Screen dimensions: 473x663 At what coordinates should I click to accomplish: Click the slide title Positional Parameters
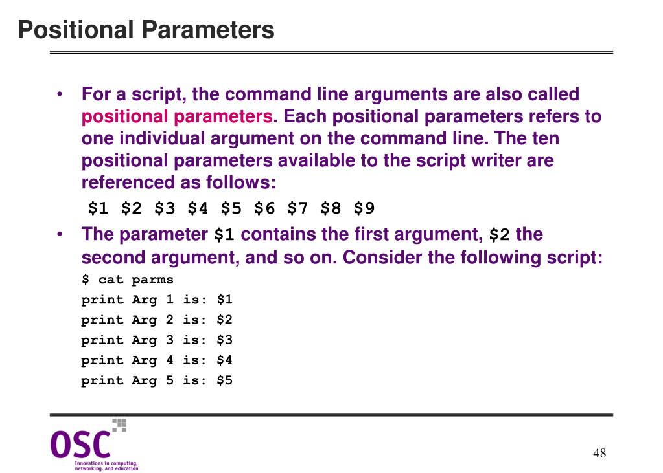(146, 30)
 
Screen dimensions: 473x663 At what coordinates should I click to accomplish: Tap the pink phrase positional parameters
(176, 117)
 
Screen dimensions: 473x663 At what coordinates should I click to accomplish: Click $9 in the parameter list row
(364, 208)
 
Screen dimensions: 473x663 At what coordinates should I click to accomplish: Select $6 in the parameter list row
(264, 208)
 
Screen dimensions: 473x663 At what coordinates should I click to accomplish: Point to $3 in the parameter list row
(165, 208)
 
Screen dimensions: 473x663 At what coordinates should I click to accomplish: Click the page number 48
(599, 453)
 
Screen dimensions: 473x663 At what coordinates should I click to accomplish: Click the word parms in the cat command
(152, 280)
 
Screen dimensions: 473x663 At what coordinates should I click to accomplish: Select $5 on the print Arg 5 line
(224, 380)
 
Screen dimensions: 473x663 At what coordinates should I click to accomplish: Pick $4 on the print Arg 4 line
(224, 360)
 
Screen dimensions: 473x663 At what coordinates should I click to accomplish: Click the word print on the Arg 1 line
(102, 300)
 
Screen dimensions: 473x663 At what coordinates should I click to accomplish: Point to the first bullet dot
(60, 95)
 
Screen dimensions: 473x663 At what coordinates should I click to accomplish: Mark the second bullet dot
(60, 234)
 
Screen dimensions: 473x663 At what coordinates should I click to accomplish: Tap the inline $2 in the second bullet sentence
(499, 235)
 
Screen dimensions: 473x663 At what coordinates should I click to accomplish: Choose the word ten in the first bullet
(545, 139)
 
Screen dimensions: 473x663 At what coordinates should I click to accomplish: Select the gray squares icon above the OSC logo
(119, 424)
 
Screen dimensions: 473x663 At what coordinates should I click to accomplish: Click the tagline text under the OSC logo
(106, 465)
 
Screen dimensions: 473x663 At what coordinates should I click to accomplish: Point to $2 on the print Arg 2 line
(224, 320)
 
